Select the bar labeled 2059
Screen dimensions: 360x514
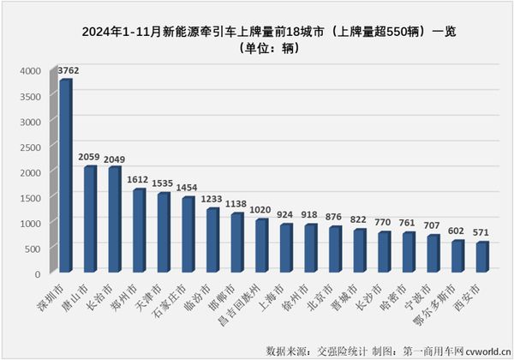click(90, 220)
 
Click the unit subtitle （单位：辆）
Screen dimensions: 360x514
click(257, 50)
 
